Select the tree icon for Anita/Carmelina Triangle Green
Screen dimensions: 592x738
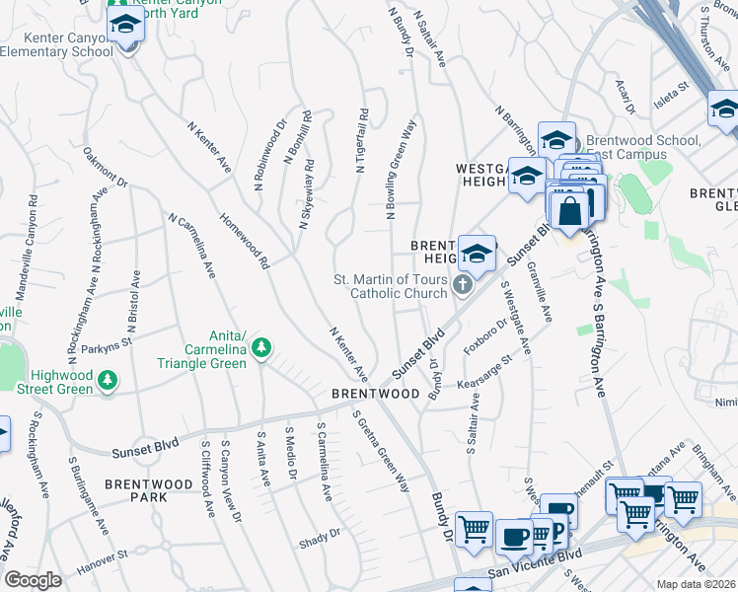261,347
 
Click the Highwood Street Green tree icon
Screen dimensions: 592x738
109,380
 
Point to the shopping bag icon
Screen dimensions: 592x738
570,210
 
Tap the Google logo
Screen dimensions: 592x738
33,580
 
